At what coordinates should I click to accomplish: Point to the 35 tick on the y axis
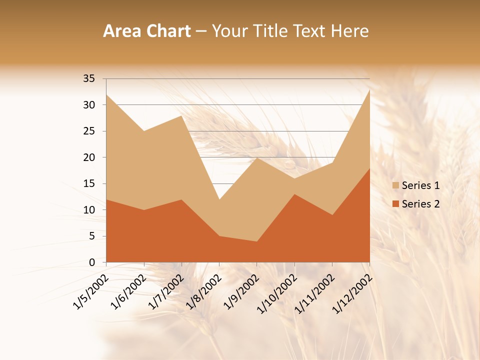pyautogui.click(x=89, y=78)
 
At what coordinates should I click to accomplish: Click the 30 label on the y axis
pyautogui.click(x=89, y=105)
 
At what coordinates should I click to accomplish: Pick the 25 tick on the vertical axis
pyautogui.click(x=89, y=131)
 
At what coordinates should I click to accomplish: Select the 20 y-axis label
pyautogui.click(x=89, y=157)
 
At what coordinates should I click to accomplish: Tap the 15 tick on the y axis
pyautogui.click(x=89, y=183)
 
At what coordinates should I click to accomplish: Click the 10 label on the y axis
pyautogui.click(x=89, y=210)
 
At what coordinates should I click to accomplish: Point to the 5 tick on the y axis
pyautogui.click(x=92, y=236)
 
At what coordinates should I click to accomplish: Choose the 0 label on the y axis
pyautogui.click(x=92, y=262)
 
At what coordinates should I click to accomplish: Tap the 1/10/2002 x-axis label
pyautogui.click(x=276, y=293)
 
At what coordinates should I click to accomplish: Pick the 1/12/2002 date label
pyautogui.click(x=351, y=293)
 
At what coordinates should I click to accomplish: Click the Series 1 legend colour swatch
pyautogui.click(x=396, y=185)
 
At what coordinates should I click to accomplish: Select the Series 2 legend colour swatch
pyautogui.click(x=396, y=203)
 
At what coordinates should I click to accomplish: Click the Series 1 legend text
pyautogui.click(x=421, y=185)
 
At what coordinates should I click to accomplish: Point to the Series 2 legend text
pyautogui.click(x=421, y=203)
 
